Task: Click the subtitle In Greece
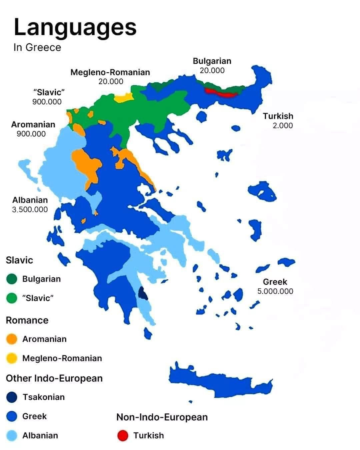[x=37, y=47]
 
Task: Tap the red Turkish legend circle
[x=123, y=435]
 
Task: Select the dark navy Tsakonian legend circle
[x=12, y=397]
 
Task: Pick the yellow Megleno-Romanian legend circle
[x=12, y=358]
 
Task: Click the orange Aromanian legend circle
[x=12, y=339]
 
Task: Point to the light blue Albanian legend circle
[x=12, y=435]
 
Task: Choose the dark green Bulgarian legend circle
[x=12, y=279]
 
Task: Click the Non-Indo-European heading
[x=162, y=417]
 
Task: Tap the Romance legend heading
[x=27, y=320]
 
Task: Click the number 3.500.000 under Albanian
[x=30, y=209]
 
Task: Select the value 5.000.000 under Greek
[x=275, y=291]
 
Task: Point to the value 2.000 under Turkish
[x=283, y=126]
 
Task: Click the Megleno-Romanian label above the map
[x=110, y=72]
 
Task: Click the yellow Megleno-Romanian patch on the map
[x=124, y=97]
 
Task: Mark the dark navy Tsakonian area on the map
[x=143, y=294]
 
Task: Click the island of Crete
[x=217, y=382]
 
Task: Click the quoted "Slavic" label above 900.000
[x=49, y=92]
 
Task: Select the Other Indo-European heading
[x=54, y=378]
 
